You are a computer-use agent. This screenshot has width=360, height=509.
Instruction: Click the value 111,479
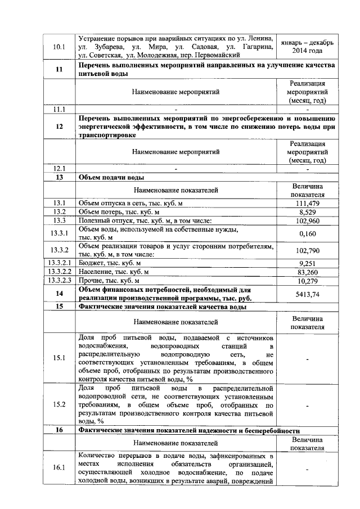307,203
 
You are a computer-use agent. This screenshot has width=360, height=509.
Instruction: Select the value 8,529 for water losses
307,212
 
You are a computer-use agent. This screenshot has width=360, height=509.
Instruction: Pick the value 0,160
307,233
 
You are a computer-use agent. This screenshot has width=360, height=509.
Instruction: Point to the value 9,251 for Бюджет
307,263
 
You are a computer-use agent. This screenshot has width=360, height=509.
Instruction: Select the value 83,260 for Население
307,272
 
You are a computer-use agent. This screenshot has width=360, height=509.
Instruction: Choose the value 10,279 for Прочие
307,281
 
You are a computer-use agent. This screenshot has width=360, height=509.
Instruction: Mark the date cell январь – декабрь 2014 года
307,47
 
